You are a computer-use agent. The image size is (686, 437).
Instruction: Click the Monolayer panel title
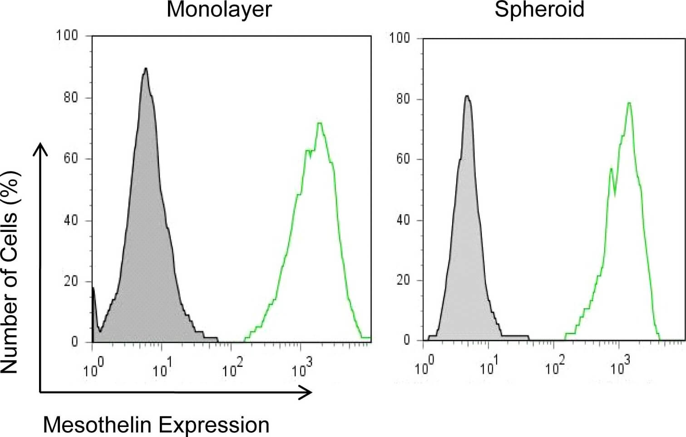pos(219,10)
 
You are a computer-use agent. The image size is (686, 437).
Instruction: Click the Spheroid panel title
pos(539,10)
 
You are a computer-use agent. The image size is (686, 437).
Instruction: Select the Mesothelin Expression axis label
pos(156,425)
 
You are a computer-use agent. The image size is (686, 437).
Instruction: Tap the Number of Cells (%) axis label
pos(10,272)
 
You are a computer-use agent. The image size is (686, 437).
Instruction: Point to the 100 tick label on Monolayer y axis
pos(67,35)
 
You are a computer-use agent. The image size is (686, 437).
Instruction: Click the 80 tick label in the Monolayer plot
pos(70,98)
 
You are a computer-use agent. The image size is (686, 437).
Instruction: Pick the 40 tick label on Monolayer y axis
pos(70,221)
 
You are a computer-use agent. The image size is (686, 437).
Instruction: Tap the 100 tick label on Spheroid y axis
pos(400,38)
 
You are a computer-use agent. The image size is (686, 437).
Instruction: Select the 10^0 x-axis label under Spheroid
pos(424,366)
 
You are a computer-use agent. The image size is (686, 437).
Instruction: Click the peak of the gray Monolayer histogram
pos(146,69)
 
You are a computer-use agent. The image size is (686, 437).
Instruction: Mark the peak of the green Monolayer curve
pos(320,123)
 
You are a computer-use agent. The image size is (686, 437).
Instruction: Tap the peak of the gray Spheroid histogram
pos(467,96)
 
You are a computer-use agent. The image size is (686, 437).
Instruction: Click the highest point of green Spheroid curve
pos(629,103)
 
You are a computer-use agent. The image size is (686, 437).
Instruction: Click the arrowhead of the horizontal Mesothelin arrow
pos(309,392)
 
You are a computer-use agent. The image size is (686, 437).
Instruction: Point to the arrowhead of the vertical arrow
pos(41,146)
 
